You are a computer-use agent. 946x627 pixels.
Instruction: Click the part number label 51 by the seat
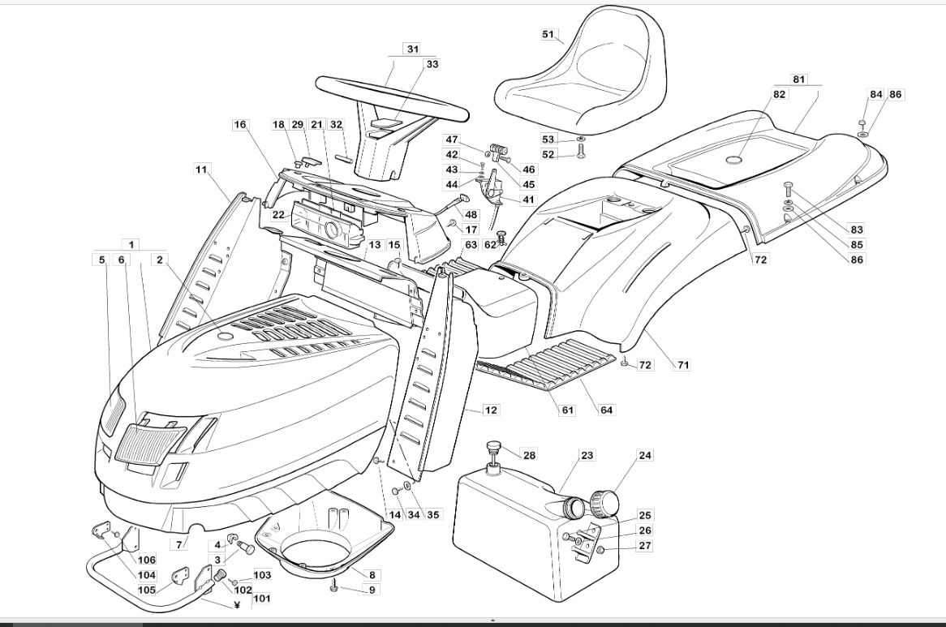coord(548,34)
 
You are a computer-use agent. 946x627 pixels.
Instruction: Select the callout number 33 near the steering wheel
coord(432,64)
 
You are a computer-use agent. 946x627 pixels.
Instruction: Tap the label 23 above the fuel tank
coord(587,455)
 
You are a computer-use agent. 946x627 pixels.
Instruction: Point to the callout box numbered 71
coord(682,365)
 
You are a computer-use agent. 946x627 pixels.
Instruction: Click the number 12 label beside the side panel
coord(491,410)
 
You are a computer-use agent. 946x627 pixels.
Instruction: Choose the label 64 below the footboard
coord(606,410)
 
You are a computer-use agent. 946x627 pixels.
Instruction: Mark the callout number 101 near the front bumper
coord(262,599)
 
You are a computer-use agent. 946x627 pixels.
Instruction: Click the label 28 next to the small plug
coord(529,455)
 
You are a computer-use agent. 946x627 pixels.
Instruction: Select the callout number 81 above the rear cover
coord(798,79)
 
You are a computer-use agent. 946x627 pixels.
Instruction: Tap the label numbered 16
coord(240,125)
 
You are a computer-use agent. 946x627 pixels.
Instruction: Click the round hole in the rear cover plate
coord(734,160)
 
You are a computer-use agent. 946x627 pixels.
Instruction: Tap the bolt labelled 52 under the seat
coord(580,149)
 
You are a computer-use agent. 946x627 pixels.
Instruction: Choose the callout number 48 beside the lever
coord(471,215)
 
